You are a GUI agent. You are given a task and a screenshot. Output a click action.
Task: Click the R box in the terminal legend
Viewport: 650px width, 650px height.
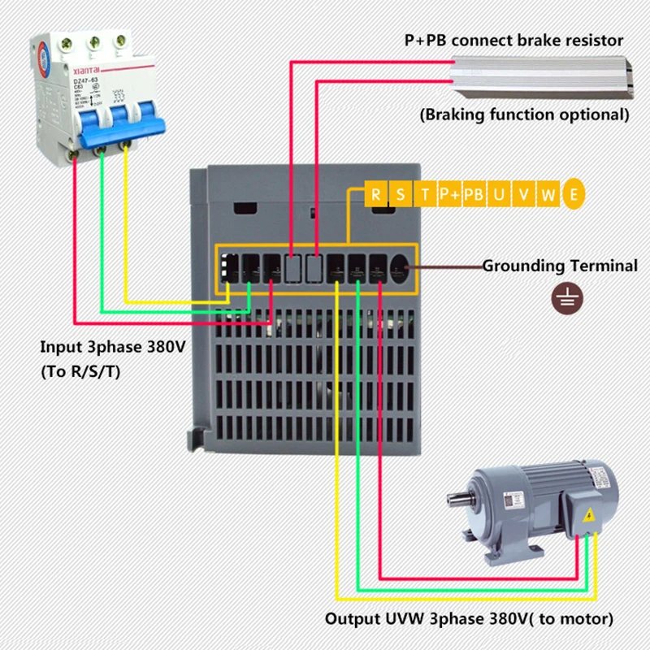[x=376, y=194]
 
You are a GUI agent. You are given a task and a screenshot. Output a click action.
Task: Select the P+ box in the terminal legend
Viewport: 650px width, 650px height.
[x=449, y=194]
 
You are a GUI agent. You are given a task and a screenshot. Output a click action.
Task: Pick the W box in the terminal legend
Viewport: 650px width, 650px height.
[x=549, y=194]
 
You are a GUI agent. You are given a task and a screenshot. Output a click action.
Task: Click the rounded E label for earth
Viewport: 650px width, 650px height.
[x=574, y=194]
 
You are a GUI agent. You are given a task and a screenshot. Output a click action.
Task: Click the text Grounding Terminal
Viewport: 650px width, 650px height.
[x=560, y=266]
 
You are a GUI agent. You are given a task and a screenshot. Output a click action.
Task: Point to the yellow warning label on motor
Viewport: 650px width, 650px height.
[x=590, y=514]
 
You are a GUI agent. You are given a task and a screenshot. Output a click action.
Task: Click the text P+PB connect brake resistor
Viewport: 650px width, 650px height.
[x=514, y=40]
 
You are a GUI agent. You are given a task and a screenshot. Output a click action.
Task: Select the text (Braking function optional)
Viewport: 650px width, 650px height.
[x=524, y=115]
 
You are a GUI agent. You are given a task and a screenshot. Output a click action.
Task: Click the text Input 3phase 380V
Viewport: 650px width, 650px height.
[x=114, y=348]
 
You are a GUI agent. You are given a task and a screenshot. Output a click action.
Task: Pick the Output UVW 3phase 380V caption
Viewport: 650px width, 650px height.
[x=470, y=619]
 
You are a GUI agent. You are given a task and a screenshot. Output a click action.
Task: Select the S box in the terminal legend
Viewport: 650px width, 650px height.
[x=401, y=194]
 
